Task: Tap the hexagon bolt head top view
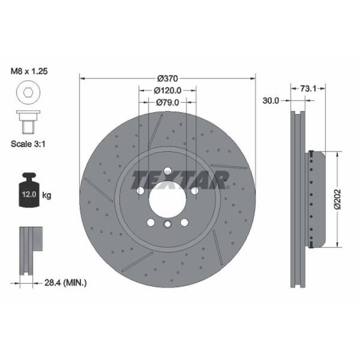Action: click(x=27, y=92)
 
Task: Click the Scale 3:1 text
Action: click(x=30, y=144)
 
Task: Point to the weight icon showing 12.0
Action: click(x=28, y=190)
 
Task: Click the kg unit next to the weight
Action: click(x=46, y=195)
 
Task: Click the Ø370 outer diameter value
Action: click(x=167, y=78)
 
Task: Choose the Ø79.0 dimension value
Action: click(x=167, y=103)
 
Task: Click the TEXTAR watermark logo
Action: click(x=180, y=180)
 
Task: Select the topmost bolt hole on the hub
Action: click(x=167, y=171)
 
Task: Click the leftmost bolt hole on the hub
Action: click(x=140, y=191)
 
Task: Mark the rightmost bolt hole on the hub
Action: click(x=194, y=191)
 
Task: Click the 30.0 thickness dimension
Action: click(x=271, y=101)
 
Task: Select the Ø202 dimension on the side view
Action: click(x=337, y=200)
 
